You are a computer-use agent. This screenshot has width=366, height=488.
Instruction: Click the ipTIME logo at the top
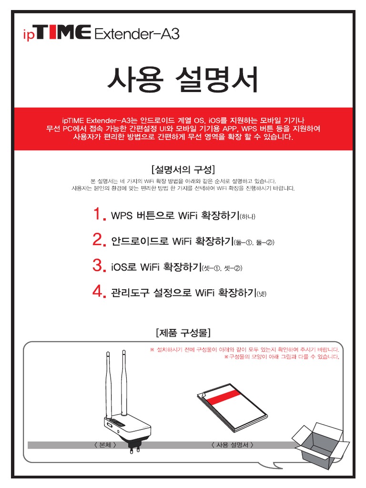[x=57, y=33]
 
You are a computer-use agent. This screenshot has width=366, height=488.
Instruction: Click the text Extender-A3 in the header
[x=137, y=34]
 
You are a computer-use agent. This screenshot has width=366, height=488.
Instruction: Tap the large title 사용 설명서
[x=183, y=80]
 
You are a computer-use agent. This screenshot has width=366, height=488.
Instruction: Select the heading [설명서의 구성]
[x=183, y=169]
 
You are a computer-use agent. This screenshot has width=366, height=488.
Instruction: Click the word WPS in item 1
[x=122, y=215]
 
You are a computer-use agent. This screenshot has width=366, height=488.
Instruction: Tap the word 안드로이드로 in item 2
[x=140, y=241]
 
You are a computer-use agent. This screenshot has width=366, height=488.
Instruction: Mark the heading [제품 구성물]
[x=183, y=332]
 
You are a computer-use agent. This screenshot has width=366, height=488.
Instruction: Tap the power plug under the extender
[x=131, y=448]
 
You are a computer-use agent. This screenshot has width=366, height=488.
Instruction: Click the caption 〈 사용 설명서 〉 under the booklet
[x=232, y=445]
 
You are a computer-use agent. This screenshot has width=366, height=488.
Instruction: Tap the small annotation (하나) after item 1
[x=248, y=217]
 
